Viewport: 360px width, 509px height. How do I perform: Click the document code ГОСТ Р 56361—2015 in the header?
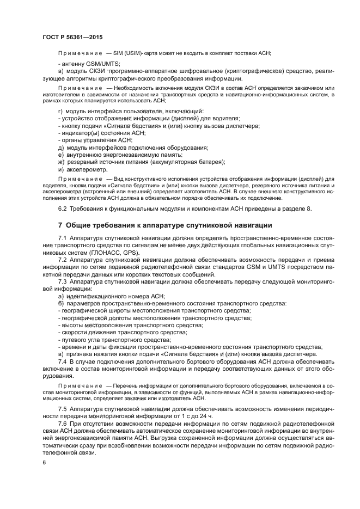point(72,37)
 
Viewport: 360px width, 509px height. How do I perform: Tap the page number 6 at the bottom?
point(44,462)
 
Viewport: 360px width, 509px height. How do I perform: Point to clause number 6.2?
point(63,210)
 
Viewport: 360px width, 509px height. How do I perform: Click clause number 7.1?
point(63,239)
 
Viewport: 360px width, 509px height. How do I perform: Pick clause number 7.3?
point(63,282)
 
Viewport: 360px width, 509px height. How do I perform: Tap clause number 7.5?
point(63,409)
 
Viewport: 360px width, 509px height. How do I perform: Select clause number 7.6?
point(63,423)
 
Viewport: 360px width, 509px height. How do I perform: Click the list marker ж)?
point(61,162)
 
